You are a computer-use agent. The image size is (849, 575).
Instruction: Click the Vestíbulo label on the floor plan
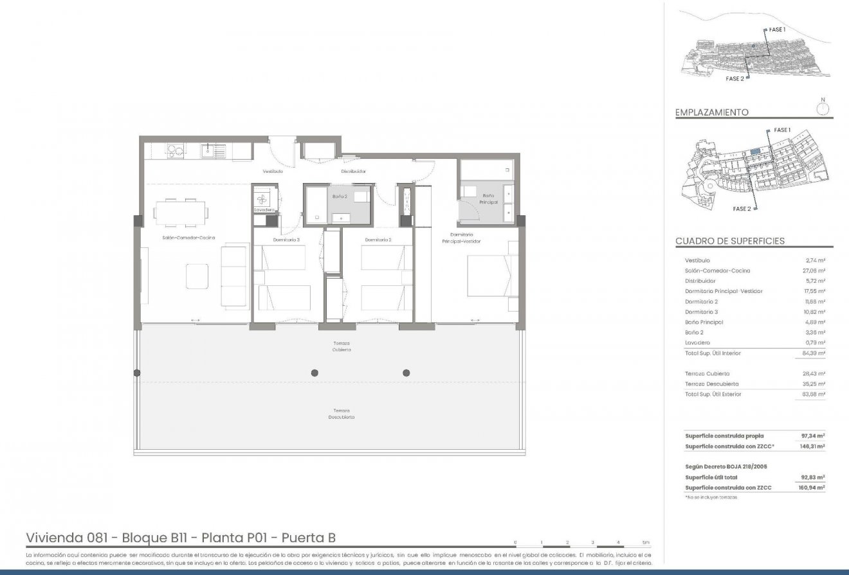pos(273,172)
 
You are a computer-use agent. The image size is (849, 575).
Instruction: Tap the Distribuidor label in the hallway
pos(353,172)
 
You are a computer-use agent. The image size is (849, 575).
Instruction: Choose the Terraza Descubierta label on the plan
pos(342,414)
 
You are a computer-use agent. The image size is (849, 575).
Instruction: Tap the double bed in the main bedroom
pos(492,276)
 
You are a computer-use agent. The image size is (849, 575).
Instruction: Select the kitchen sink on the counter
pos(212,152)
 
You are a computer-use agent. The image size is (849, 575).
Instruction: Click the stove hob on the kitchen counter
pos(175,151)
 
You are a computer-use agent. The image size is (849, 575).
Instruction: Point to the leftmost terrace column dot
pos(136,373)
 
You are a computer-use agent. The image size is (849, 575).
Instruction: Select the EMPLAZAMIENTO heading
pos(711,112)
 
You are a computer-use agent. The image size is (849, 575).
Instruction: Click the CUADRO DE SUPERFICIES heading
pos(729,241)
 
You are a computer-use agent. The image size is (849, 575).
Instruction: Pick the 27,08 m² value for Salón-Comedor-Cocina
pos(816,270)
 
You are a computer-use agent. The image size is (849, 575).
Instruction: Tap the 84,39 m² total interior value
pos(814,353)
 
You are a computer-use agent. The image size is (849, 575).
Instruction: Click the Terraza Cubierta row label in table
pos(707,373)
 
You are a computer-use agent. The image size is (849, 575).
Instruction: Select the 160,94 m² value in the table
pos(814,488)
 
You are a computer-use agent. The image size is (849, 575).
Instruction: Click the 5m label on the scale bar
pos(645,543)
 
